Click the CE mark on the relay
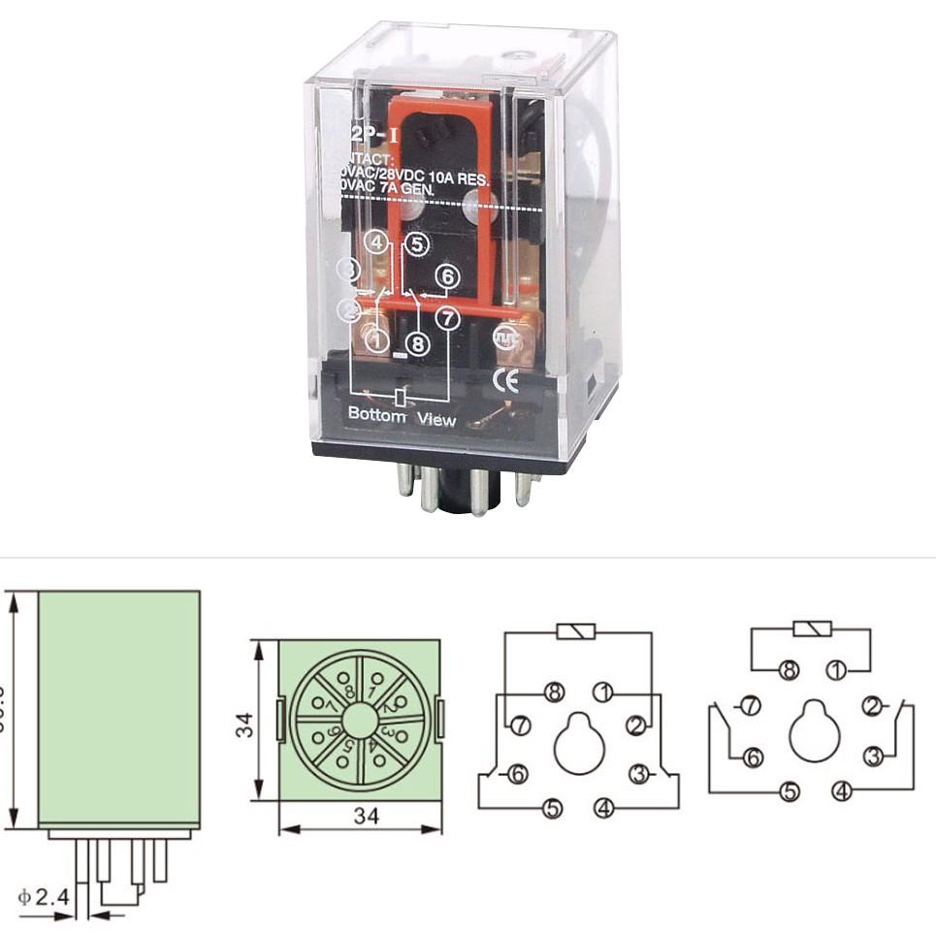[x=506, y=381]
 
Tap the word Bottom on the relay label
[x=376, y=413]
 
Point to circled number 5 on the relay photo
[x=416, y=244]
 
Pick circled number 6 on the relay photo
[x=446, y=276]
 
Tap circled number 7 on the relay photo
[x=446, y=317]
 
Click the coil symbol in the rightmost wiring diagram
[x=812, y=629]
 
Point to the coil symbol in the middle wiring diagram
[x=576, y=631]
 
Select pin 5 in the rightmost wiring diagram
[x=791, y=791]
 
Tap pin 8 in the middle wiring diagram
[x=554, y=693]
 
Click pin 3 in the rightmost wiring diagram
[x=873, y=756]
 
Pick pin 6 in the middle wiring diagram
[x=517, y=774]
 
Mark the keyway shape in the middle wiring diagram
[x=579, y=743]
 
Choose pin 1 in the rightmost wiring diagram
[x=836, y=668]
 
